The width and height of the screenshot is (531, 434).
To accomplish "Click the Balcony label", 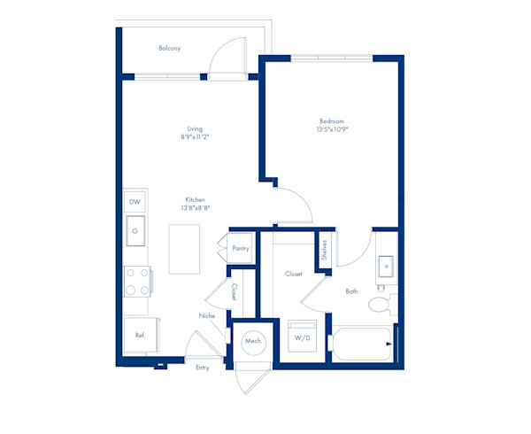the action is (x=170, y=48).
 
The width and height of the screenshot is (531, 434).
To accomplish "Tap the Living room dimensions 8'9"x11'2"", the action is (x=195, y=137).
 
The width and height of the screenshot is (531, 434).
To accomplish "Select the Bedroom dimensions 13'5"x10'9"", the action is (x=332, y=129).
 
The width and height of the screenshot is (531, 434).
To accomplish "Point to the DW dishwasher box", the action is (x=135, y=202).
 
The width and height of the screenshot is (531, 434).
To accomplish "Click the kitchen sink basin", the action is (x=135, y=230).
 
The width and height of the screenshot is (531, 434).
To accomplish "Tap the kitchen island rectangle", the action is (x=184, y=249).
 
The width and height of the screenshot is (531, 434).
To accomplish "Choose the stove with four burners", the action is (x=138, y=282).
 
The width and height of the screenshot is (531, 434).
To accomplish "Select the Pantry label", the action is (x=241, y=248).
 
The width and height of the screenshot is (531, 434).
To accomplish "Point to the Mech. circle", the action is (x=254, y=343).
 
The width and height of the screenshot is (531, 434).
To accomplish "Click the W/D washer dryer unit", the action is (x=302, y=336).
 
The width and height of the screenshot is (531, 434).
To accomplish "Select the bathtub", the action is (x=362, y=344).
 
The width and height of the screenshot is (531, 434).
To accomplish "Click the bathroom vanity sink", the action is (x=386, y=267).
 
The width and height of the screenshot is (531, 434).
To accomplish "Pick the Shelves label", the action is (x=324, y=250).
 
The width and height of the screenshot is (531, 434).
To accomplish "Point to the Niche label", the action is (x=207, y=316).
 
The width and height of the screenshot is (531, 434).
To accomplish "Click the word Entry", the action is (x=203, y=368).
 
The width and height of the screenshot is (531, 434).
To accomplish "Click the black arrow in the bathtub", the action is (x=389, y=344).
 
